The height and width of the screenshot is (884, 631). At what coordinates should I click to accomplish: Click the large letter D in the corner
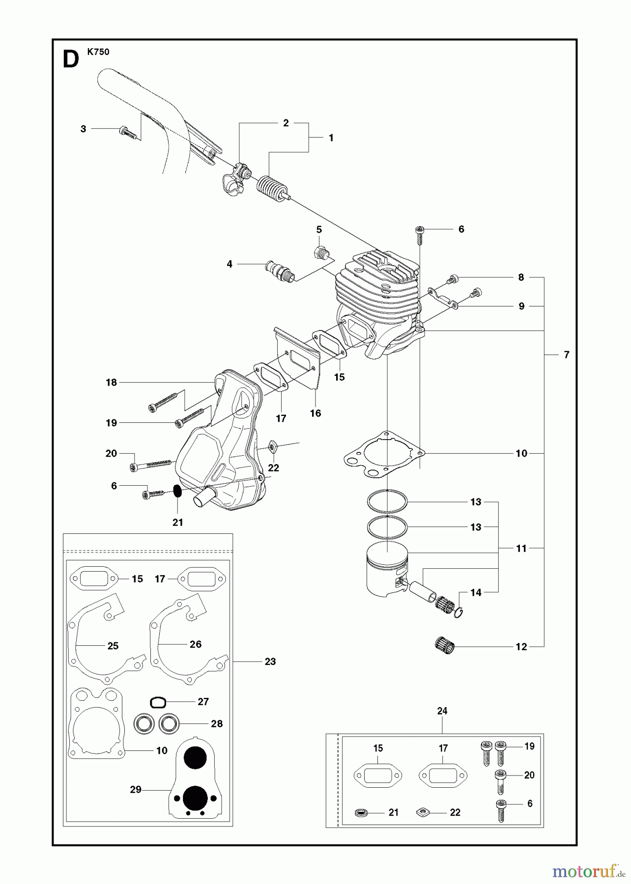tap(71, 59)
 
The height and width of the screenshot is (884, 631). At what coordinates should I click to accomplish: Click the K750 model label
tap(98, 52)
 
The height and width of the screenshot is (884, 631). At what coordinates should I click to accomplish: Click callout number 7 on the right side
tap(567, 355)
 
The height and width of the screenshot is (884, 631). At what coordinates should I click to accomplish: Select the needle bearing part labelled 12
tap(445, 644)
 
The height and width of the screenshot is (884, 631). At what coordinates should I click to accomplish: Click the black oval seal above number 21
tap(177, 491)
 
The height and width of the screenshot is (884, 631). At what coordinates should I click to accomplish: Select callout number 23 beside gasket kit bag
tap(270, 662)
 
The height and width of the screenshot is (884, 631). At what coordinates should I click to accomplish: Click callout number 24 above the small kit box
tap(442, 711)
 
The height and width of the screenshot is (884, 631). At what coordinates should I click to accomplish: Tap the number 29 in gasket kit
tap(136, 789)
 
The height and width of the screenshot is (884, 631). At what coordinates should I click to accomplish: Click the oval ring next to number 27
tap(158, 703)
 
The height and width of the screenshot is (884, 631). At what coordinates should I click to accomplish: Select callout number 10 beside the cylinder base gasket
tap(521, 453)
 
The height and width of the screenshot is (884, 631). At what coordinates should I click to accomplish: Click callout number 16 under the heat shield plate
tap(315, 414)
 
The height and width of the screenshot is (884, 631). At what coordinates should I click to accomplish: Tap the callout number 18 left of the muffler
tap(112, 382)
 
